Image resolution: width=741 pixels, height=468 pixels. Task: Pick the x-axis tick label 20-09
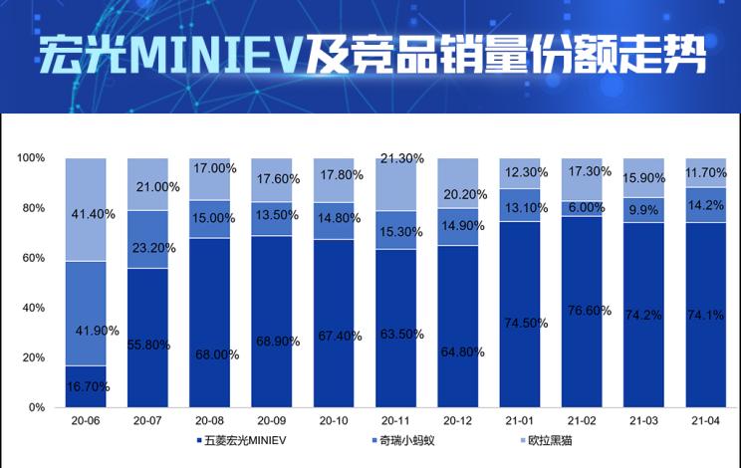pos(271,421)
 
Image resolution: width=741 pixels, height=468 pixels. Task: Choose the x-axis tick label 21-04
pos(705,421)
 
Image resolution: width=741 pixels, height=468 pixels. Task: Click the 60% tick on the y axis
pos(33,258)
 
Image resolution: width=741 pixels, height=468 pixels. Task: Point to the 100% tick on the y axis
pos(31,158)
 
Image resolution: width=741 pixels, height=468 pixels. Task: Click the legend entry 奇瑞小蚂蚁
pos(403,439)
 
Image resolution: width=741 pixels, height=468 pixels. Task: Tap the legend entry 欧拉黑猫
pos(546,439)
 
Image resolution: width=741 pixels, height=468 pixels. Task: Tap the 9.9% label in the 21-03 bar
pos(642,210)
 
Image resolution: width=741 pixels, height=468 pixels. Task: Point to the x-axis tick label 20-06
pos(86,421)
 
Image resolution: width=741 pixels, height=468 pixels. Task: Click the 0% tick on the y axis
pos(37,407)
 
